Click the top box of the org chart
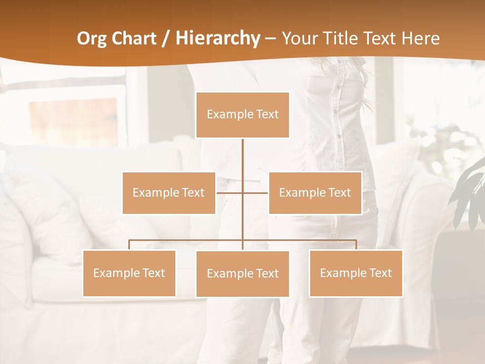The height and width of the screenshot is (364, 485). pos(243,115)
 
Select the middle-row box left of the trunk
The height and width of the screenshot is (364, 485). pos(169,193)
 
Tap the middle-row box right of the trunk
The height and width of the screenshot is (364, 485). pos(315,193)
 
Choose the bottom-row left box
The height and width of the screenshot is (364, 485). pos(129,273)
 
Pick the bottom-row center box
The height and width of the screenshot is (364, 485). pos(243,274)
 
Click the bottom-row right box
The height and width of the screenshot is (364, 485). pos(356,273)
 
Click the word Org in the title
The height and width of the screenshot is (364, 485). pos(91,38)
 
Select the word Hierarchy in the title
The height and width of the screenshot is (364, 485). pos(218,38)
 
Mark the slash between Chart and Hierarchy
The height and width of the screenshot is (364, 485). pos(166,38)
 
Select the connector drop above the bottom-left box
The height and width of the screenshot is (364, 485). pos(129,245)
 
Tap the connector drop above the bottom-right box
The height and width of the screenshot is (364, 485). pos(356,245)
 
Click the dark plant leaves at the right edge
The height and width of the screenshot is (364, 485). pos(470,192)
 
